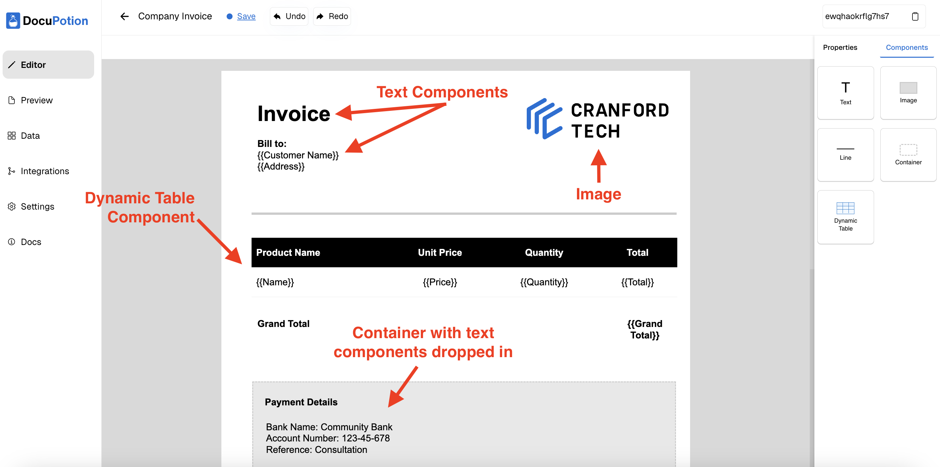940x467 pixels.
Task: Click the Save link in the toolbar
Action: pos(246,16)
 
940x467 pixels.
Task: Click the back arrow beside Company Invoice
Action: pos(124,16)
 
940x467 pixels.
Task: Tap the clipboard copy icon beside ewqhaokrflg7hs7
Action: pos(915,16)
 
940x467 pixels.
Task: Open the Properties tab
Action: pos(840,48)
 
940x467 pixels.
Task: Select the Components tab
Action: pos(907,48)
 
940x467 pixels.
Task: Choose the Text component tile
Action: pos(846,93)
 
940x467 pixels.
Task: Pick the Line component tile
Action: pos(846,155)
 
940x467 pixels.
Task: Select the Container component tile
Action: pos(908,155)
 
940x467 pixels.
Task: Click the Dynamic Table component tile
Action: pos(846,217)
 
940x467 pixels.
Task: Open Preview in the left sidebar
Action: pos(36,100)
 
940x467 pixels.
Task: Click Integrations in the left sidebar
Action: pos(45,171)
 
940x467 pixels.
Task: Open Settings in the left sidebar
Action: pos(37,207)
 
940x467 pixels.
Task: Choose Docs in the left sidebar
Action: pos(31,242)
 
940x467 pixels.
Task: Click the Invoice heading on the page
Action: pos(294,113)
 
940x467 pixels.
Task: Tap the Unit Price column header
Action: pos(440,253)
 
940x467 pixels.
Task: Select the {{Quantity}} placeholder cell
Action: pos(544,282)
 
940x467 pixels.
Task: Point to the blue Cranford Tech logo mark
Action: pos(544,119)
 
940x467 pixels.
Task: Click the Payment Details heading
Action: pos(301,402)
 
